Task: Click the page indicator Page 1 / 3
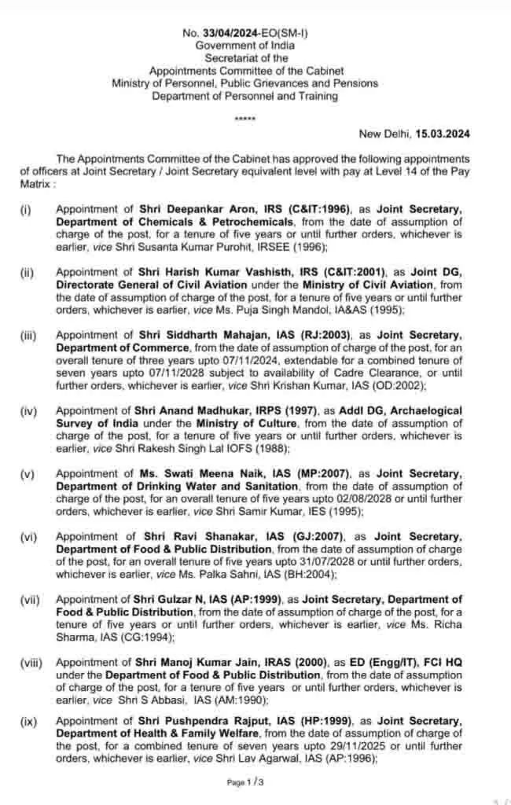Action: pyautogui.click(x=245, y=782)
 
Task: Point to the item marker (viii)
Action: pyautogui.click(x=32, y=663)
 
